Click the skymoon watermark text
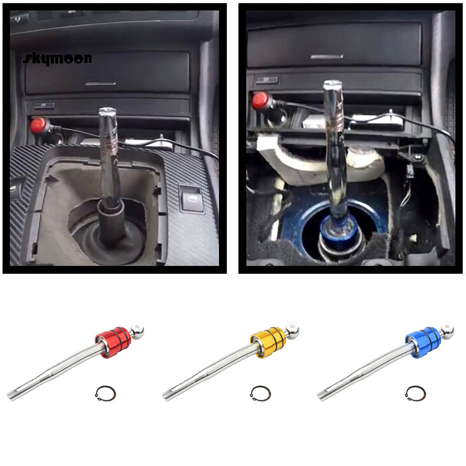coord(57,58)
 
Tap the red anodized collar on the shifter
coord(113,337)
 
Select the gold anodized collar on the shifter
coord(268,337)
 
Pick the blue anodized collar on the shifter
coord(423,337)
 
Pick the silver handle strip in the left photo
coord(101,84)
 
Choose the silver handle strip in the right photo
coord(327,57)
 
